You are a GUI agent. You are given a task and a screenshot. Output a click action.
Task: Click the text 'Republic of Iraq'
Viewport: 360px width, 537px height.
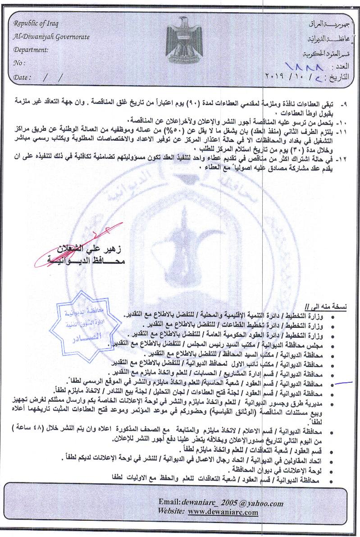tap(36, 23)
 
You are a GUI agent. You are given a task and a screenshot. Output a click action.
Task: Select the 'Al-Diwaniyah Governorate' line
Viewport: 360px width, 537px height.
tap(51, 37)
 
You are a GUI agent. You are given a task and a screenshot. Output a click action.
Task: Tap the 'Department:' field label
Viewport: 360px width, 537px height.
tap(31, 50)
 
